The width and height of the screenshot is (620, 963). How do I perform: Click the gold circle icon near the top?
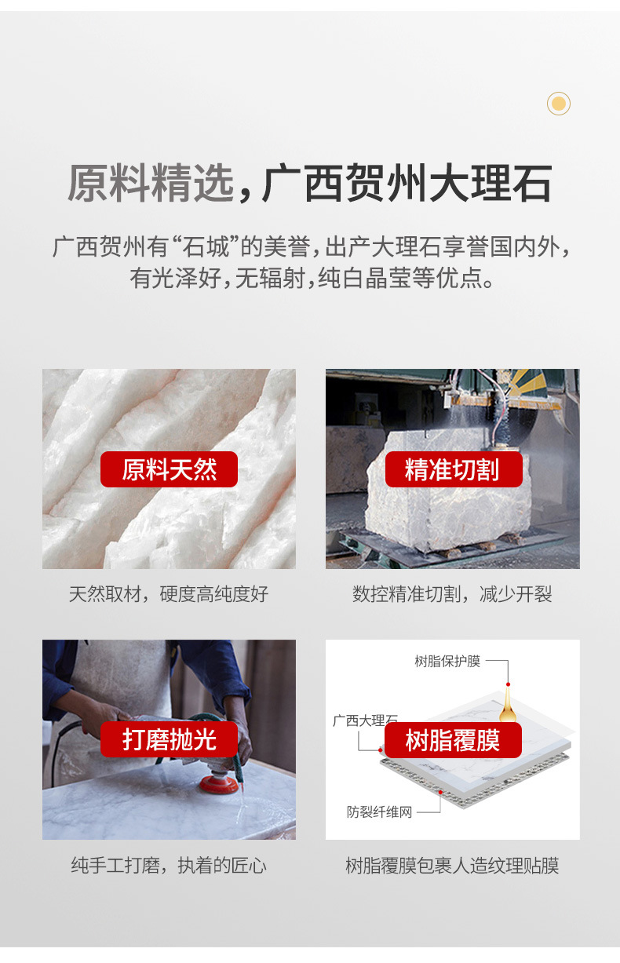[x=559, y=104]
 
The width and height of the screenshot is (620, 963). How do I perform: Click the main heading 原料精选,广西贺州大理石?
[x=309, y=183]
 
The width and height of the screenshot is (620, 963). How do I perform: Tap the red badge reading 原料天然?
[x=169, y=469]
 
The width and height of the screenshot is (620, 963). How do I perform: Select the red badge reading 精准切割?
[x=454, y=469]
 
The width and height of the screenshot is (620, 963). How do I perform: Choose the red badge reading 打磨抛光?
[x=169, y=739]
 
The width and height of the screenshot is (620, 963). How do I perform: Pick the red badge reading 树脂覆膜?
[x=453, y=740]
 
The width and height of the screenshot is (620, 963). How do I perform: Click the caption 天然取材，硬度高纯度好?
[x=169, y=593]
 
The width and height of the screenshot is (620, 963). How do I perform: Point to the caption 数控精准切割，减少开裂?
[x=452, y=593]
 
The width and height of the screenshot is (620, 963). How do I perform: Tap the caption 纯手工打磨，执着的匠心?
[x=169, y=865]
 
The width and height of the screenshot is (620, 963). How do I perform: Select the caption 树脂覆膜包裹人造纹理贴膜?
[x=452, y=865]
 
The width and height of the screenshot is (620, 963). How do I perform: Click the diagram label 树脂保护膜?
[x=447, y=661]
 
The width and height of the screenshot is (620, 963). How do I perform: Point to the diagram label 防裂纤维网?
[x=379, y=812]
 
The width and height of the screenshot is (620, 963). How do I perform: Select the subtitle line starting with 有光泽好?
[x=312, y=277]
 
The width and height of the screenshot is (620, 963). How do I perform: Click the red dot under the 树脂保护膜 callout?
[x=509, y=684]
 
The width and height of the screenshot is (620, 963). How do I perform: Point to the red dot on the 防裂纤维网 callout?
[x=440, y=792]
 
